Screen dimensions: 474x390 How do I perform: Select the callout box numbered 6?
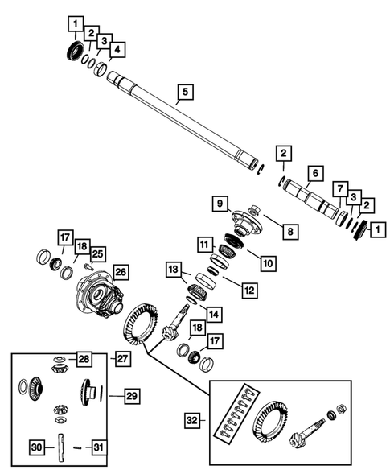(x=314, y=173)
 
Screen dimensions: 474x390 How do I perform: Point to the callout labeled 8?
(x=291, y=231)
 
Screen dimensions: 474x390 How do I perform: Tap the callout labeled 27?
(x=123, y=357)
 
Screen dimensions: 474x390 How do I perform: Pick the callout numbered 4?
(x=117, y=51)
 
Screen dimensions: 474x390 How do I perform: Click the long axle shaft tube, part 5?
(x=185, y=121)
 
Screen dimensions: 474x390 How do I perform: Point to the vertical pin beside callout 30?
(x=62, y=447)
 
